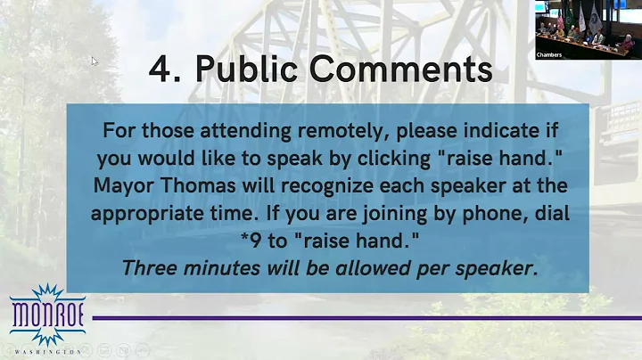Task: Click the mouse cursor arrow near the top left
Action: click(x=94, y=61)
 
